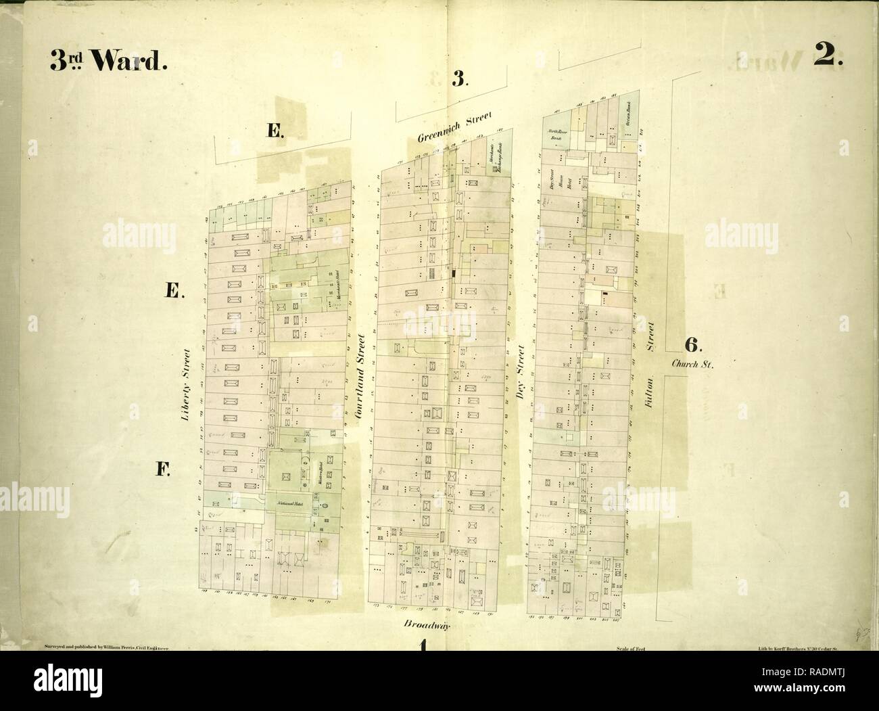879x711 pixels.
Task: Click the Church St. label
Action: click(x=693, y=363)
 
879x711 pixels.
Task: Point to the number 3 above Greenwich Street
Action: click(x=459, y=80)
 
